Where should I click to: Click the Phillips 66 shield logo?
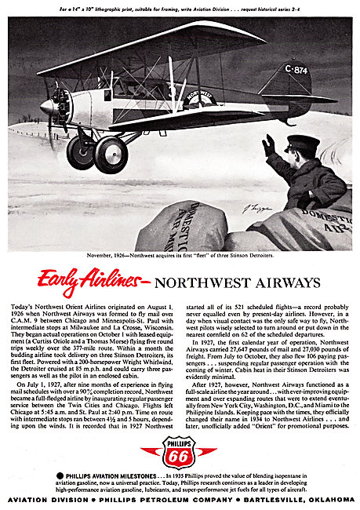coord(180,453)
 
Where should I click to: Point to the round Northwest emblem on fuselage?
coord(178,99)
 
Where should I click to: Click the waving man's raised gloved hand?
coord(269,146)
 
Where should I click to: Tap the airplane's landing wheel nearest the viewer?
coord(111,155)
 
